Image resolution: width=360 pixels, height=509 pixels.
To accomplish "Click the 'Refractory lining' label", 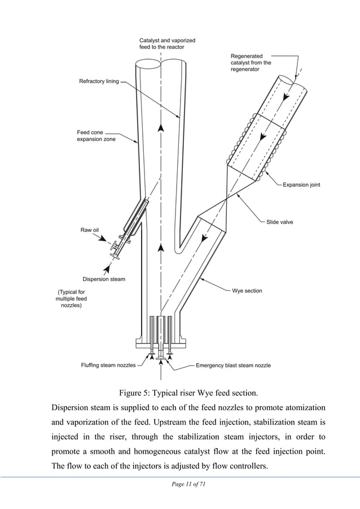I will click(99, 81).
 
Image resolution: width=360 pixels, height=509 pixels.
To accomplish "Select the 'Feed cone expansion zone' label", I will click(96, 136).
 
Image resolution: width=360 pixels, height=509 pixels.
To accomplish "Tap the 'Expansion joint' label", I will click(301, 185).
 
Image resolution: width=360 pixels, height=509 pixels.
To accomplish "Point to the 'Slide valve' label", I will click(280, 222).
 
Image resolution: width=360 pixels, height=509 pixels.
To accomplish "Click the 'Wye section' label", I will click(247, 291).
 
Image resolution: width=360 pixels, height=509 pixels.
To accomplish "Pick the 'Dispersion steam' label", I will click(104, 279).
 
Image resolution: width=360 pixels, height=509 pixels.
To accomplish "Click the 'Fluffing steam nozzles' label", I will click(108, 365).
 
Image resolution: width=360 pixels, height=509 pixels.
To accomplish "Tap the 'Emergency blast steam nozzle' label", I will click(233, 365).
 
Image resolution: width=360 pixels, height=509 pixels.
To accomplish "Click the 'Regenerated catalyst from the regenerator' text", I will click(251, 63).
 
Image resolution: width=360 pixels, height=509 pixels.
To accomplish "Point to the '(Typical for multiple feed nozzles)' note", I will click(71, 298).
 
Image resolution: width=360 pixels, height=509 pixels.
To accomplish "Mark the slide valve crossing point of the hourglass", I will click(226, 198).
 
